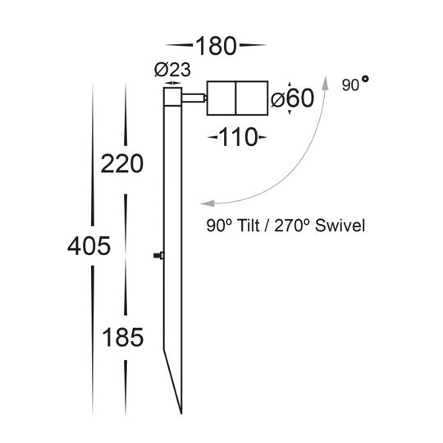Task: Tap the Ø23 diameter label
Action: [x=169, y=72]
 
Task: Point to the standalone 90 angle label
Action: [x=349, y=85]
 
